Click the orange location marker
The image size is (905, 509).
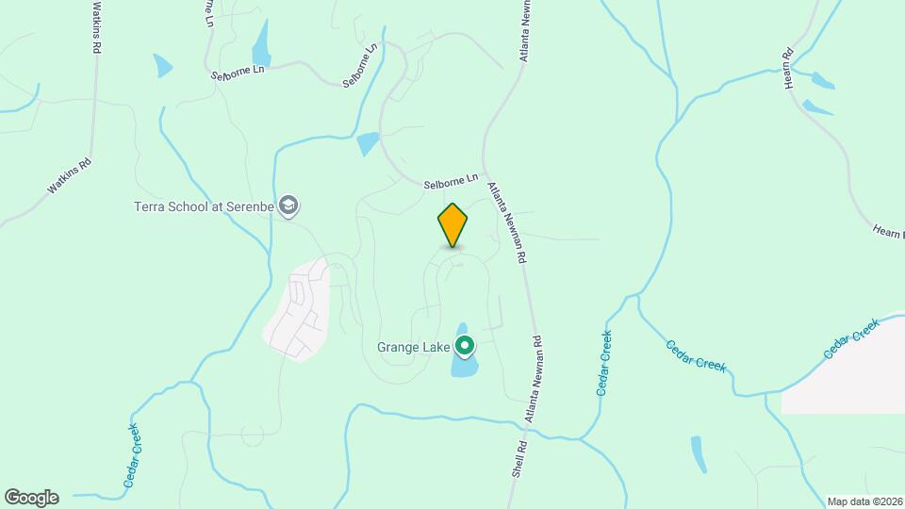(x=452, y=224)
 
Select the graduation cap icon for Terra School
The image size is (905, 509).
(x=289, y=206)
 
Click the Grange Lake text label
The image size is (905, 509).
(x=413, y=347)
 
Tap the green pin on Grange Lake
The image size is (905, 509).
(x=464, y=347)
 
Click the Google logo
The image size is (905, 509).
(x=31, y=498)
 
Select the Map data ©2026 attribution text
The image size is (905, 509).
(x=864, y=501)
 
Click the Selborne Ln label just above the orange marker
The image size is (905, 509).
(x=451, y=178)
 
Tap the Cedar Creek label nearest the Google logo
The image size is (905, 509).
(x=131, y=455)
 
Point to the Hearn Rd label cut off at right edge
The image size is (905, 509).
(x=888, y=231)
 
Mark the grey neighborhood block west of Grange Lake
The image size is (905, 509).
(x=297, y=311)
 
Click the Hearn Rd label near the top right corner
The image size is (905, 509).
(x=789, y=68)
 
